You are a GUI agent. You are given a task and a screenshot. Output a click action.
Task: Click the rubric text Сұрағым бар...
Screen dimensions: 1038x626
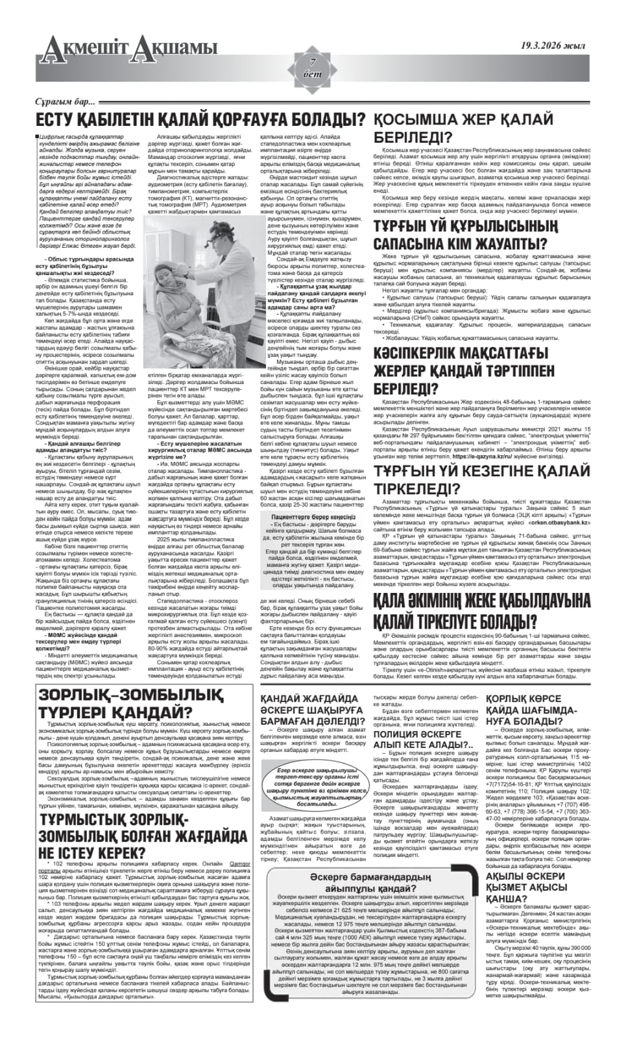[65, 102]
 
